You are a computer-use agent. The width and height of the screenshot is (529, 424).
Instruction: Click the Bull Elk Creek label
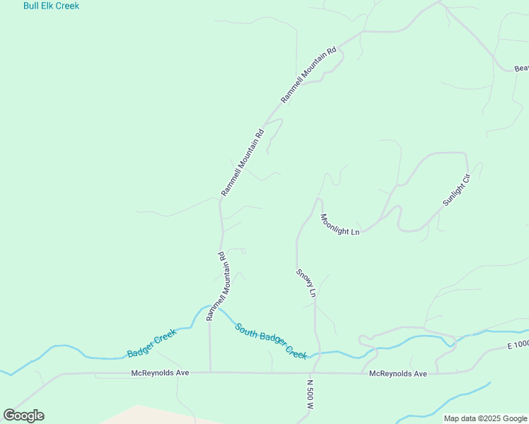point(51,6)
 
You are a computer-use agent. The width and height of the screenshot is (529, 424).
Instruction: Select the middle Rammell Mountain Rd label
point(242,163)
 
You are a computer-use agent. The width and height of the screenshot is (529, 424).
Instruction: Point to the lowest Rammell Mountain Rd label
point(216,286)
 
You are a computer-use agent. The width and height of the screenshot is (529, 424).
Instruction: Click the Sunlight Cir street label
point(456,187)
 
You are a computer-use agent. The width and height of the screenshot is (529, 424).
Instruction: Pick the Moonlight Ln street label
point(340,225)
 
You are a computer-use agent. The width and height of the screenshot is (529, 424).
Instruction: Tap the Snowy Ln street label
point(306,282)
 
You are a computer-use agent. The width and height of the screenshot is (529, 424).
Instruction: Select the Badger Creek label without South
point(151,343)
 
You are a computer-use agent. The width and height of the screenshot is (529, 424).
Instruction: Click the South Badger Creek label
point(272,341)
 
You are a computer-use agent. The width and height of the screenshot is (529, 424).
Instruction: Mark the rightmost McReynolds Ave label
point(398,373)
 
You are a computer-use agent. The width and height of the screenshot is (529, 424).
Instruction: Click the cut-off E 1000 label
point(518,345)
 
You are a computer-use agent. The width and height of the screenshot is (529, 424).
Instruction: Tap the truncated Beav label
point(521,69)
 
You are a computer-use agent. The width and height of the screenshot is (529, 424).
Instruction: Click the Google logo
point(23,416)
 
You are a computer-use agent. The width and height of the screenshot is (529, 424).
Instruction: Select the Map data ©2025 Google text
point(485,418)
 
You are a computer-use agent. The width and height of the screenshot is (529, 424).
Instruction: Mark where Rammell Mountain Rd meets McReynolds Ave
point(210,372)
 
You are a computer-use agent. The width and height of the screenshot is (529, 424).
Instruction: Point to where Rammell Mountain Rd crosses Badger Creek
point(210,308)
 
